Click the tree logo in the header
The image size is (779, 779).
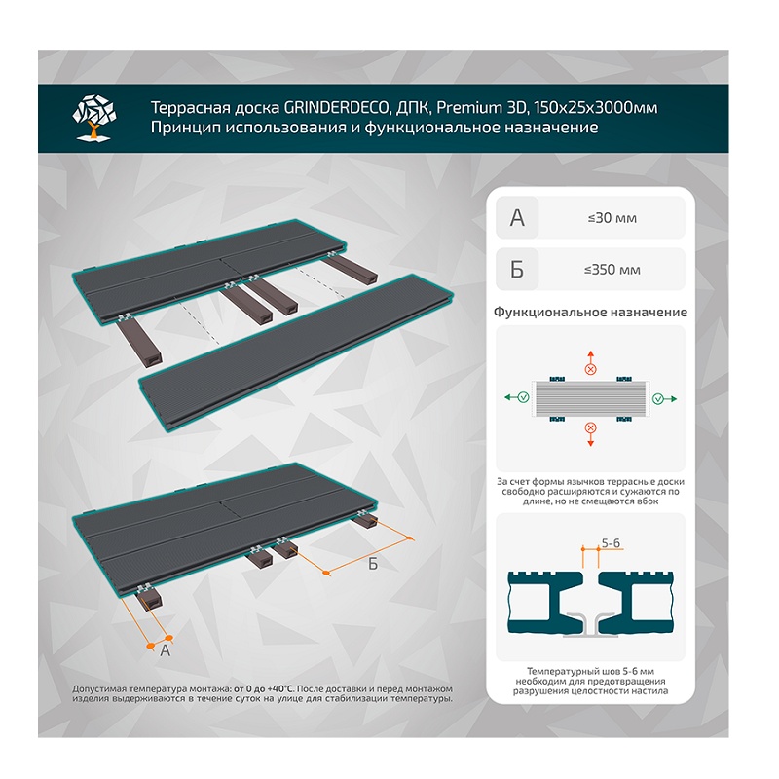pos(94,118)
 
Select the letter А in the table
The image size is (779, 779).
pos(517,218)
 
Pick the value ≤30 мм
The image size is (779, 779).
pos(612,218)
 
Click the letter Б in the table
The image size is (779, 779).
pos(517,270)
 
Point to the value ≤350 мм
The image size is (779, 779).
pos(612,270)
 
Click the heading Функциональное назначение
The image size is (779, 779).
pos(590,312)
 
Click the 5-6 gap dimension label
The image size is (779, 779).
pos(611,543)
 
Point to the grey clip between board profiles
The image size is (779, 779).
pos(590,626)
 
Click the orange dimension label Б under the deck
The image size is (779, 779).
pos(373,564)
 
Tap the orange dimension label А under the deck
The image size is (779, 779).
pos(166,650)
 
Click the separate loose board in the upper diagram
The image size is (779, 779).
pos(297,352)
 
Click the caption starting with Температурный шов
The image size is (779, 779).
pos(590,681)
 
